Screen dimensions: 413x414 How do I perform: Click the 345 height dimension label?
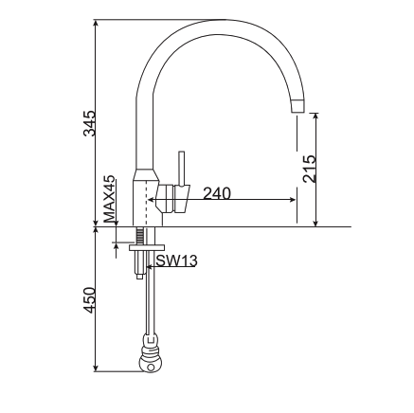click(x=90, y=123)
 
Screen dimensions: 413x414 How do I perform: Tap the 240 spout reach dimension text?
click(x=217, y=193)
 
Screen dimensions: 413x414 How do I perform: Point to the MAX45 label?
click(x=110, y=198)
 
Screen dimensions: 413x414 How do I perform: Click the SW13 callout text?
click(x=176, y=260)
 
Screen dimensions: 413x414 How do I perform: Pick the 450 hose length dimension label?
click(x=90, y=300)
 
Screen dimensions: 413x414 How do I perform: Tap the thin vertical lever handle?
click(x=182, y=168)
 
